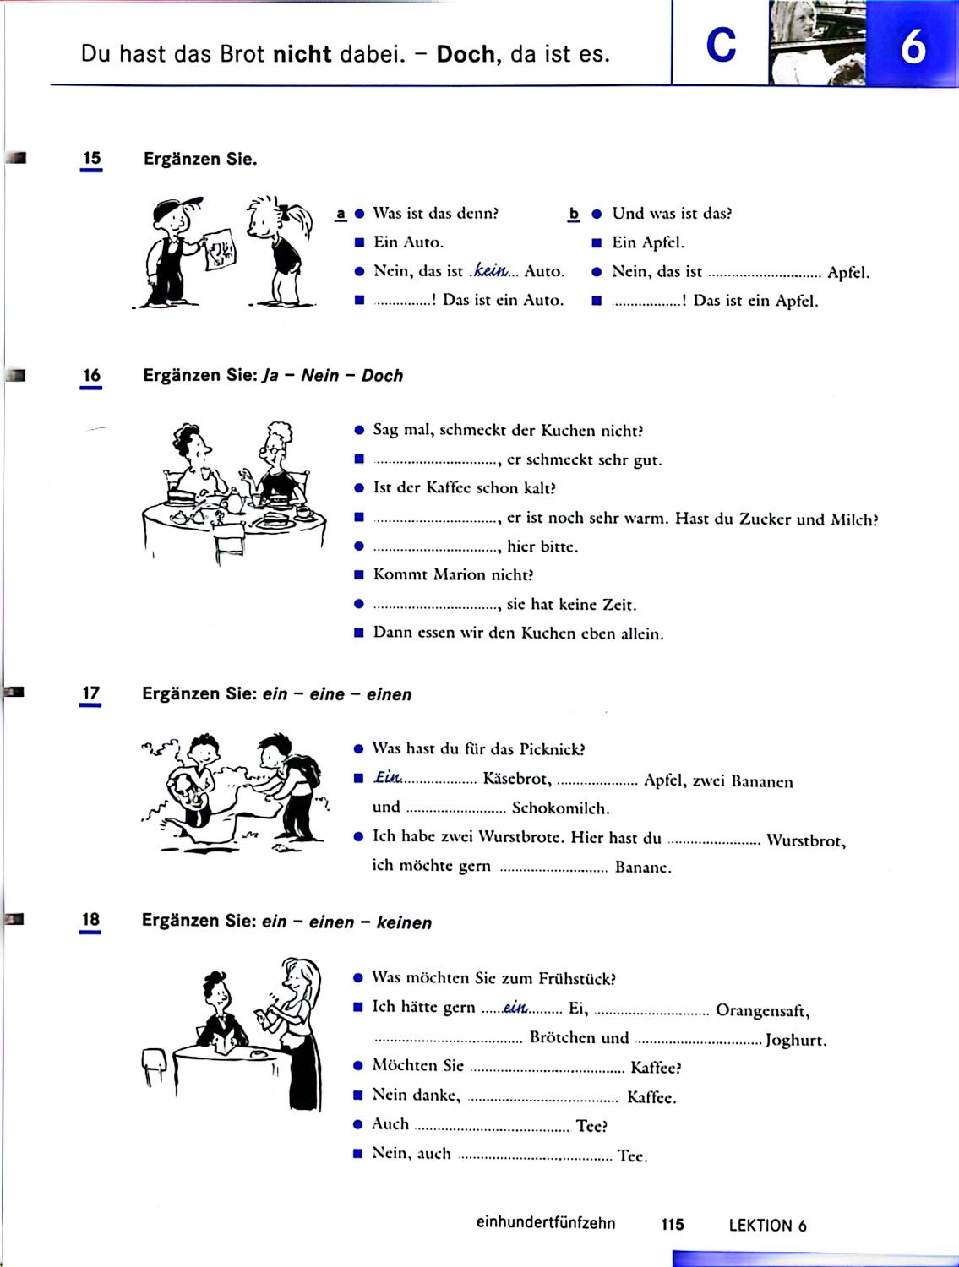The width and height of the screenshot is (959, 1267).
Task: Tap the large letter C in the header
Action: coord(721,46)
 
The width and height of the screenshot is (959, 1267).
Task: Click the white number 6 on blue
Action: coord(913,47)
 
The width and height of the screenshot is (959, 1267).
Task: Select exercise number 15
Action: coord(91,159)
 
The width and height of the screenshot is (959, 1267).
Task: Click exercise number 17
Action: coord(90,693)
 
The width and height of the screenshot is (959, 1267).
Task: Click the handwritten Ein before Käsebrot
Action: coord(386,778)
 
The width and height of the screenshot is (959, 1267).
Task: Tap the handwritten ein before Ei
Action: coord(515,1007)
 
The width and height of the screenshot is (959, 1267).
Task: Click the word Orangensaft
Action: coord(762,1010)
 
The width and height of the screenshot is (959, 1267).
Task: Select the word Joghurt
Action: coord(795,1041)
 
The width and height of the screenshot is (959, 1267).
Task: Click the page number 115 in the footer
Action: coord(673,1224)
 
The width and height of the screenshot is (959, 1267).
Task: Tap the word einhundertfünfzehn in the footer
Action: coord(545,1223)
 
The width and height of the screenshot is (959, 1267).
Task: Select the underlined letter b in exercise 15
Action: coord(574,214)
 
